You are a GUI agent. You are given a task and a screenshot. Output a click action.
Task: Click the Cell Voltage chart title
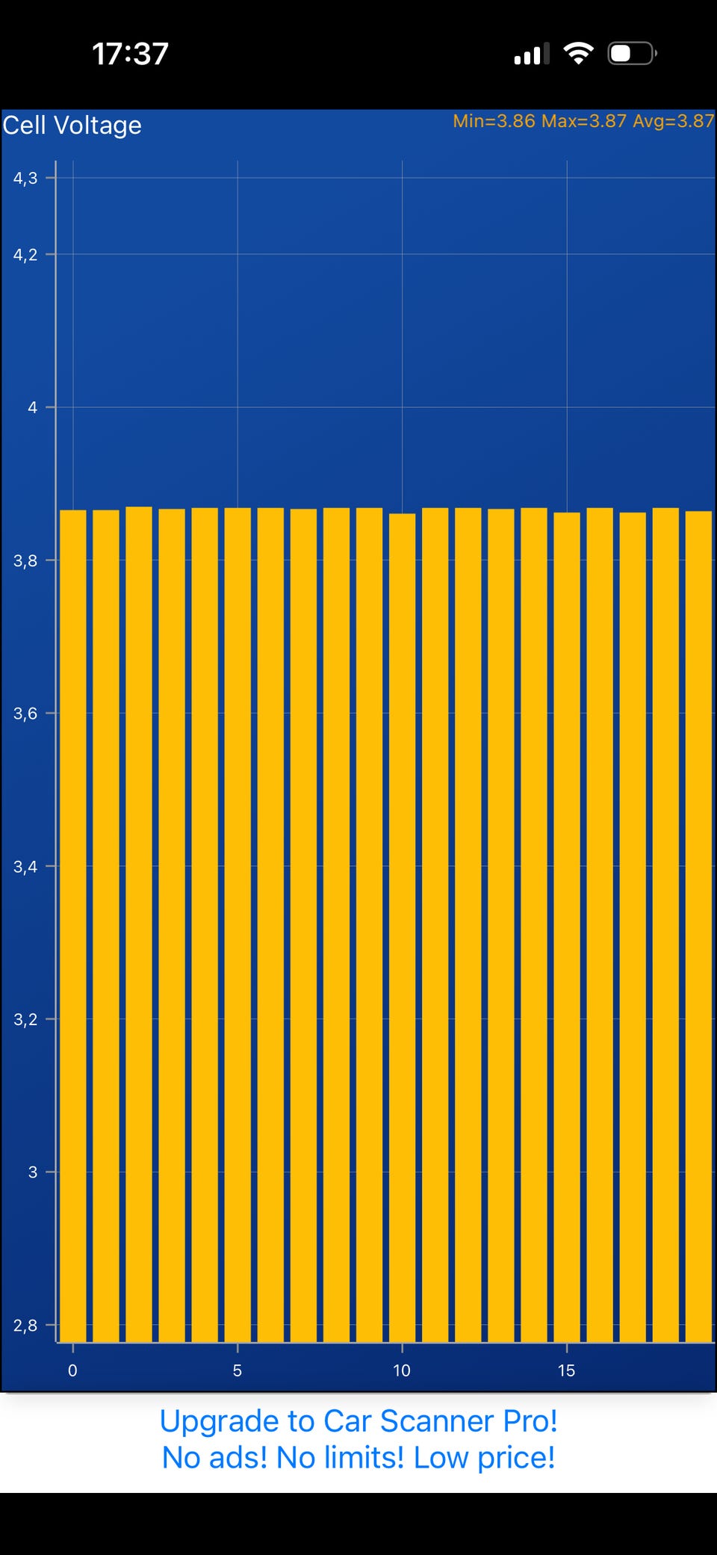click(72, 126)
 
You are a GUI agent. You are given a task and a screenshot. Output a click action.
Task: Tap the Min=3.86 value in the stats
click(494, 121)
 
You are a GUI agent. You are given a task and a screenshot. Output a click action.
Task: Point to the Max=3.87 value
click(583, 121)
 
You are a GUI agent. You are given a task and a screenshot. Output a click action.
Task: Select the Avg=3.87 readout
click(673, 121)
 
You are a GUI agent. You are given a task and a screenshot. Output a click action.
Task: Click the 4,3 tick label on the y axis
click(25, 178)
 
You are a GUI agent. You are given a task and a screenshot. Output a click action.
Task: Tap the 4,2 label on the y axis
click(25, 255)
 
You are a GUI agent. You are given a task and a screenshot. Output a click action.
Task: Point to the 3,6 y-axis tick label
click(25, 714)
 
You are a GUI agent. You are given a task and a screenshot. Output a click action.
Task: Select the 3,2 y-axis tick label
click(25, 1019)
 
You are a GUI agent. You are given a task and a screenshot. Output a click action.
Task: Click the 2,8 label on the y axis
click(25, 1326)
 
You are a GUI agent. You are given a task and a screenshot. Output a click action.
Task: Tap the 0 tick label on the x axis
click(72, 1370)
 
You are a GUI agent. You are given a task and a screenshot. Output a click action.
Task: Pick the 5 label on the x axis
click(238, 1370)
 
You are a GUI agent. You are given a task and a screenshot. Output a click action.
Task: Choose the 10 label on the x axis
click(402, 1370)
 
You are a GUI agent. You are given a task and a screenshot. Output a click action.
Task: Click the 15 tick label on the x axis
click(566, 1370)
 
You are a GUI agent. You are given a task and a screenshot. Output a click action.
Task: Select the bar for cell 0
click(73, 927)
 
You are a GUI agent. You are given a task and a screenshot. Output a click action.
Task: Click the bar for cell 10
click(403, 927)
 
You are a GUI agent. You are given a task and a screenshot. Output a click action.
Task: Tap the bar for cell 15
click(567, 927)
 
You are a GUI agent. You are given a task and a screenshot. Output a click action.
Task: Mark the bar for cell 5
click(238, 927)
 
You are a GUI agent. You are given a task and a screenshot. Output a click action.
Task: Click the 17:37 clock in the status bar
click(130, 54)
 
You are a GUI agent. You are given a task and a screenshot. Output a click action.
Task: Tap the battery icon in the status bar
click(631, 54)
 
